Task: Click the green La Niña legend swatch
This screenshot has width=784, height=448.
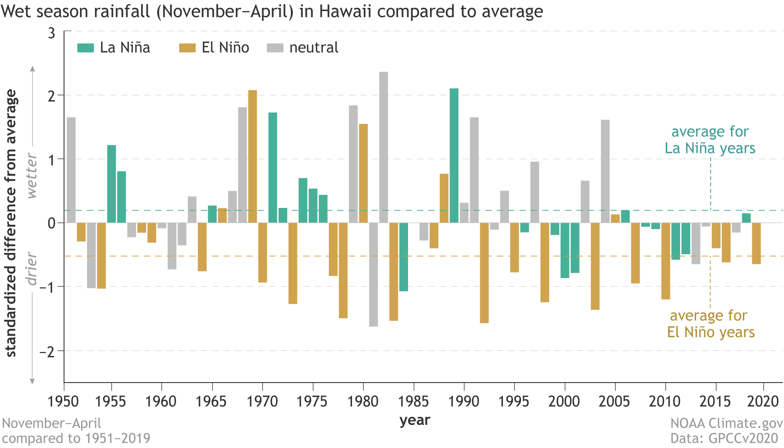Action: coord(85,48)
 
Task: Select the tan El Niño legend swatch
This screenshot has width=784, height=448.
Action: coord(187,48)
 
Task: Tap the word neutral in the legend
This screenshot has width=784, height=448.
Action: coord(314,48)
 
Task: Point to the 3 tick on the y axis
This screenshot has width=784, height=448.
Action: coord(52,33)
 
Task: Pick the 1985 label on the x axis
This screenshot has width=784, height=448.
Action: coord(414,401)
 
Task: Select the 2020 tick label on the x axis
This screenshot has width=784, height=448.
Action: coord(762,401)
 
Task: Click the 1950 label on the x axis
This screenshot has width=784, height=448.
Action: coord(63,401)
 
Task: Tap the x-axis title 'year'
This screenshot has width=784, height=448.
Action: coord(415,421)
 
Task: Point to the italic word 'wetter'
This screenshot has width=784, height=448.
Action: coord(31,175)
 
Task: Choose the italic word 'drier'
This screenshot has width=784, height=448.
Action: coord(31,268)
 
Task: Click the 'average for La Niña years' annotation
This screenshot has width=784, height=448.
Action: coord(710,140)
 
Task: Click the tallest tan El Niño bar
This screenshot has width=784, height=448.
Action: coord(252,157)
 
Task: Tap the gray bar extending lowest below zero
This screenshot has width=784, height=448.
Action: coord(373,275)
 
